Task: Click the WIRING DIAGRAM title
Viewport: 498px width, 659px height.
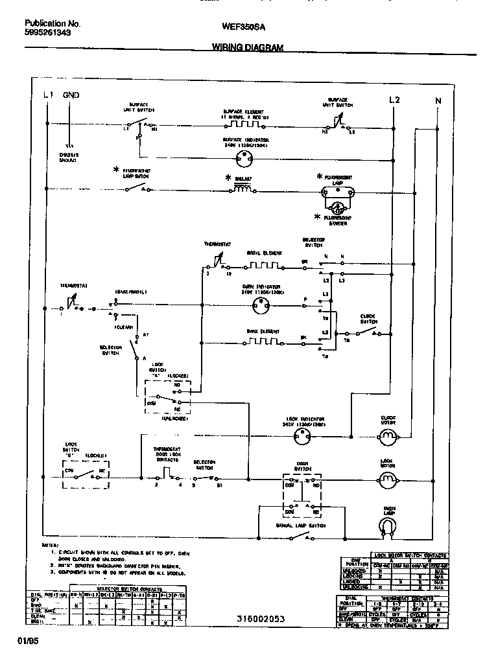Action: tap(248, 47)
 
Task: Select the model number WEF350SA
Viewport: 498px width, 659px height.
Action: tap(243, 27)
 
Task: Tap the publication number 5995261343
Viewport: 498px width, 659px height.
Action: tap(48, 32)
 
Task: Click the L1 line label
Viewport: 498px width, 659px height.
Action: tap(48, 95)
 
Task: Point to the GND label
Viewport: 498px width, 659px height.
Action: tap(71, 95)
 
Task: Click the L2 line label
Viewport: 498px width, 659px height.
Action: tap(394, 100)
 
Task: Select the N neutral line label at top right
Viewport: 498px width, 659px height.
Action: tap(438, 100)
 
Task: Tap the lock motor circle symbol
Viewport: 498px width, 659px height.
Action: tap(388, 480)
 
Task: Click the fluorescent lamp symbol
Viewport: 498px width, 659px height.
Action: tap(337, 192)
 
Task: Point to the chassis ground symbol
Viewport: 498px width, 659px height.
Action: tap(69, 147)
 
